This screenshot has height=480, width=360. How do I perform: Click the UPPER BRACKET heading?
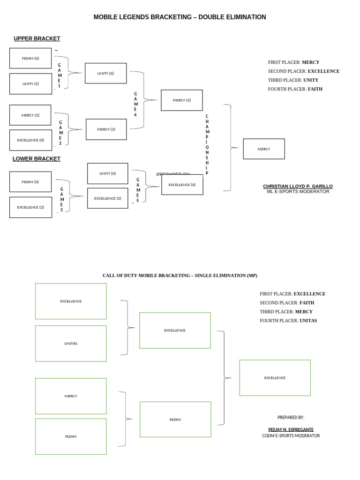tap(37, 38)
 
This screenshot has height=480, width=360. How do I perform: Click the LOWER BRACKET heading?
tap(37, 159)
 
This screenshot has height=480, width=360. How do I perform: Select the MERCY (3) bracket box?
tap(182, 100)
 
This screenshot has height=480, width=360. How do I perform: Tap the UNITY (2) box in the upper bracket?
tap(30, 84)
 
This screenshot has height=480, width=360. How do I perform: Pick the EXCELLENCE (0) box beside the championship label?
tap(182, 185)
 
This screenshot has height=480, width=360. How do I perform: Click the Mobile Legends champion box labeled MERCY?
tap(264, 149)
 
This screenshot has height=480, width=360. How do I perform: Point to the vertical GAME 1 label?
tap(59, 75)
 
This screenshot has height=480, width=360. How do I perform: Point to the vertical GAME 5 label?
tap(138, 190)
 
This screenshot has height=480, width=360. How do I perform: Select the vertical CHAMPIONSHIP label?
tap(207, 144)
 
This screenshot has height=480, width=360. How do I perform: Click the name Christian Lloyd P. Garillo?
tap(298, 186)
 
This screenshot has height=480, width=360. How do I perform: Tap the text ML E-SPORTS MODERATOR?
tap(298, 191)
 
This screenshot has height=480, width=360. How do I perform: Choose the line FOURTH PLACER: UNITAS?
tap(288, 321)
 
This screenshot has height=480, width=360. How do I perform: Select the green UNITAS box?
tap(71, 344)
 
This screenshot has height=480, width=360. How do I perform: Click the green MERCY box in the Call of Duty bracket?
tap(71, 396)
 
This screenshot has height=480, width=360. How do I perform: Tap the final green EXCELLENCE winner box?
tap(275, 378)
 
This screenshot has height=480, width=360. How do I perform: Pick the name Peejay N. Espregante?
tap(291, 429)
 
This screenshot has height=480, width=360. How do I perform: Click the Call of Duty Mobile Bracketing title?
tap(180, 276)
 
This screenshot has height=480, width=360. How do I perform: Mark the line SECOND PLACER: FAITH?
tap(287, 303)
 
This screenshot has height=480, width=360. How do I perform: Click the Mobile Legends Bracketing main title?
tap(180, 17)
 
